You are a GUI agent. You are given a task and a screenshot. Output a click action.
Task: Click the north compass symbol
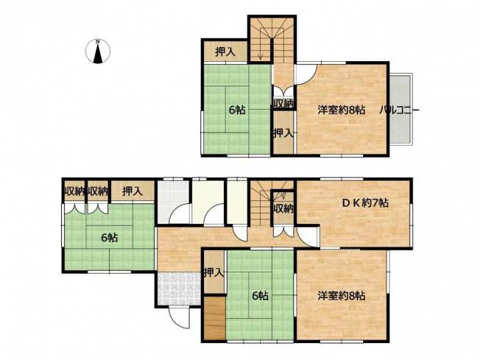click(x=98, y=52)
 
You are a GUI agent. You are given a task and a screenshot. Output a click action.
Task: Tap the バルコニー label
click(x=399, y=110)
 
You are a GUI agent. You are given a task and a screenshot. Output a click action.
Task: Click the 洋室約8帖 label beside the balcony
click(x=342, y=110)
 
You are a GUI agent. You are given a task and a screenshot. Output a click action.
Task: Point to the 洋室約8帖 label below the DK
click(x=342, y=296)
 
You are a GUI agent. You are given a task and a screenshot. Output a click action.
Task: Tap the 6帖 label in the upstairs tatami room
click(x=237, y=110)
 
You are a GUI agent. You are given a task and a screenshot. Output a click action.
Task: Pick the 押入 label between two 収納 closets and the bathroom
click(x=133, y=191)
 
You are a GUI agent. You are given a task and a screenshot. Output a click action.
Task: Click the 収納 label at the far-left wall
click(x=74, y=191)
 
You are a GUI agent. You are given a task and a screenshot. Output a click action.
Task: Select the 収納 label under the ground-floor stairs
click(x=283, y=208)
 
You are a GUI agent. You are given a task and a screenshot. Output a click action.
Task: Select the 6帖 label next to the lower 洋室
click(x=260, y=296)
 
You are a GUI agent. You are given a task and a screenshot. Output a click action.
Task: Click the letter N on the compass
click(x=98, y=41)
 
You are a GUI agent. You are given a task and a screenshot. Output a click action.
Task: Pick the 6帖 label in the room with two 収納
click(x=109, y=238)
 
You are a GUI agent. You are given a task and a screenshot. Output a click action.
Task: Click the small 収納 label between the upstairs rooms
click(x=283, y=104)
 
